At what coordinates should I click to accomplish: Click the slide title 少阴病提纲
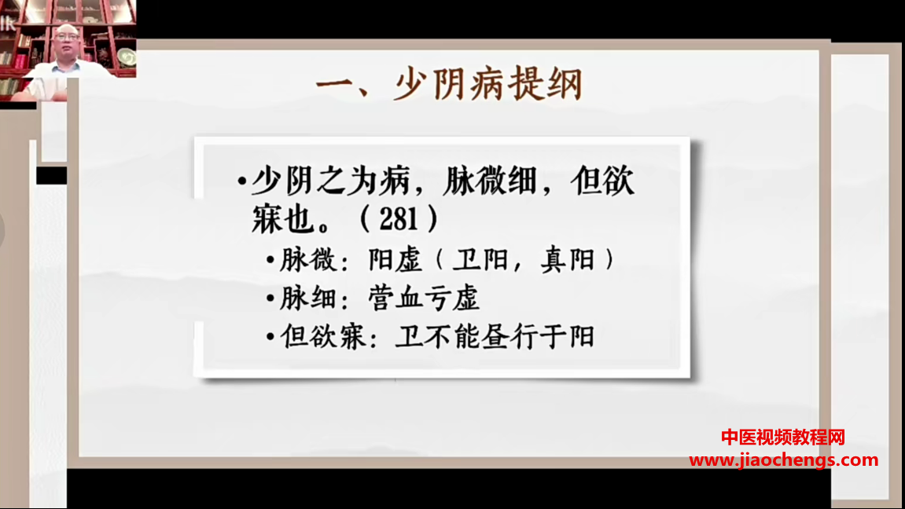pyautogui.click(x=488, y=85)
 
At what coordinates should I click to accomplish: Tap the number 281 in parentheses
pyautogui.click(x=398, y=218)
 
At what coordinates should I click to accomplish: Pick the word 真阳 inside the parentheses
pyautogui.click(x=568, y=260)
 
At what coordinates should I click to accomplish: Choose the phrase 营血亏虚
pyautogui.click(x=424, y=298)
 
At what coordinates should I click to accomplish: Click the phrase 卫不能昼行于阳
pyautogui.click(x=495, y=337)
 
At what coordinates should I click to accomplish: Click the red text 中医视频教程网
pyautogui.click(x=782, y=438)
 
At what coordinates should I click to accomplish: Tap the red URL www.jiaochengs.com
pyautogui.click(x=783, y=460)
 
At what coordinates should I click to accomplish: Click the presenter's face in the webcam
pyautogui.click(x=68, y=42)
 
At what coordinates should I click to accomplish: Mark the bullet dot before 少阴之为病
pyautogui.click(x=242, y=182)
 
